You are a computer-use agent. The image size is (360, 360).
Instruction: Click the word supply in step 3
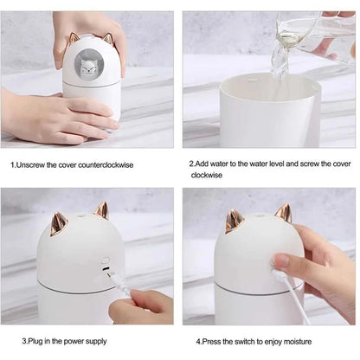pyautogui.click(x=96, y=341)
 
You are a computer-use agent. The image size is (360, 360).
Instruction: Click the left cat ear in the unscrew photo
pyautogui.click(x=74, y=38)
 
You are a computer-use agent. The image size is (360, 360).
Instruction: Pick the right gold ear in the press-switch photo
pyautogui.click(x=283, y=213)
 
